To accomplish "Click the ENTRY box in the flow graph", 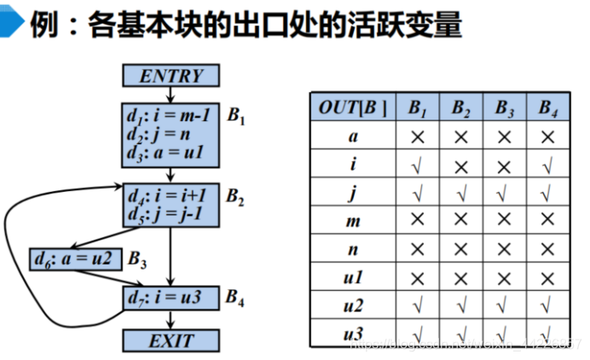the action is pos(171,76).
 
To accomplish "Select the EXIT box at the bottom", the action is pos(171,341).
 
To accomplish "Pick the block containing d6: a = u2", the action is pos(74,258).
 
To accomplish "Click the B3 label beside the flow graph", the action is pos(138,258).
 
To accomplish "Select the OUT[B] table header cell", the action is pos(352,107).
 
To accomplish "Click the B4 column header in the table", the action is pos(547,107).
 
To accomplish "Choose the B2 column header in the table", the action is pos(461,107).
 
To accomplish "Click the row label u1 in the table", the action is pos(352,278).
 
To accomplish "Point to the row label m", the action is pos(352,221).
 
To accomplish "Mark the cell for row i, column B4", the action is pos(547,165).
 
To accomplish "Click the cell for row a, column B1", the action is pos(418,136).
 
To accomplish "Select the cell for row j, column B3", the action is pos(505,193).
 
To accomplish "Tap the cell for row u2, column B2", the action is pos(461,306).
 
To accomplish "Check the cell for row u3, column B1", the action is pos(418,334).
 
